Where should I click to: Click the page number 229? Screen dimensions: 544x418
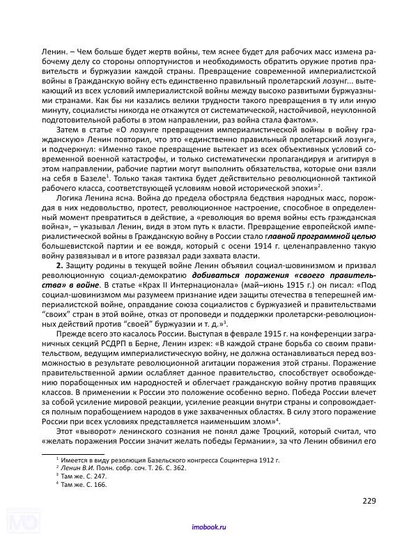369,499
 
